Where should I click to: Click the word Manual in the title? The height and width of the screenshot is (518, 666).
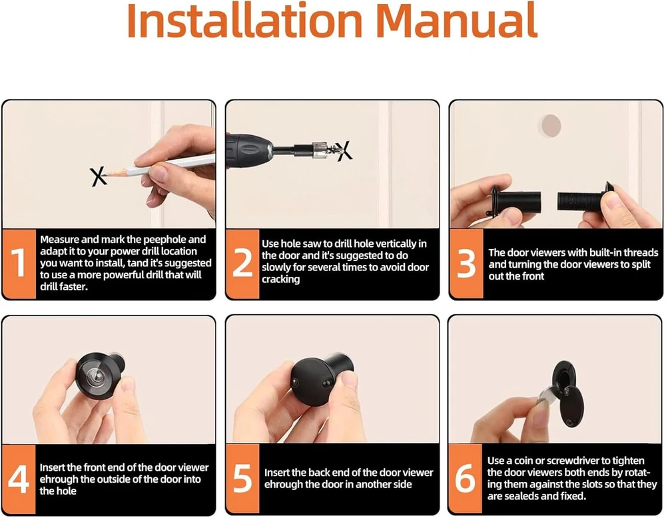point(457,20)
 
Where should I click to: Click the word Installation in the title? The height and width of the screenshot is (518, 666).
point(244,20)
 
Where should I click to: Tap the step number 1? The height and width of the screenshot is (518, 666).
point(18,263)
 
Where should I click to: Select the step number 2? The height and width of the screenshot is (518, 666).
point(242,263)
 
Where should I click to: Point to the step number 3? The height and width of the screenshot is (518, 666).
point(466,264)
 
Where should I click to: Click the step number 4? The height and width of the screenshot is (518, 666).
point(18,479)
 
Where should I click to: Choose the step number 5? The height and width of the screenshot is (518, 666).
point(242,479)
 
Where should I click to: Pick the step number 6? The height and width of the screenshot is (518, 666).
point(465,479)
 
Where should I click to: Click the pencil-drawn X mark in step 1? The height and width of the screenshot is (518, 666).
point(98,176)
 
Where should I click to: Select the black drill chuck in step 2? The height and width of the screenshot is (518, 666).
point(249,150)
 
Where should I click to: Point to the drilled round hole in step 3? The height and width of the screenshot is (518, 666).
point(551,126)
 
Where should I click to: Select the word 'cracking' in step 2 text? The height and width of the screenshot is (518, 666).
point(281,280)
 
